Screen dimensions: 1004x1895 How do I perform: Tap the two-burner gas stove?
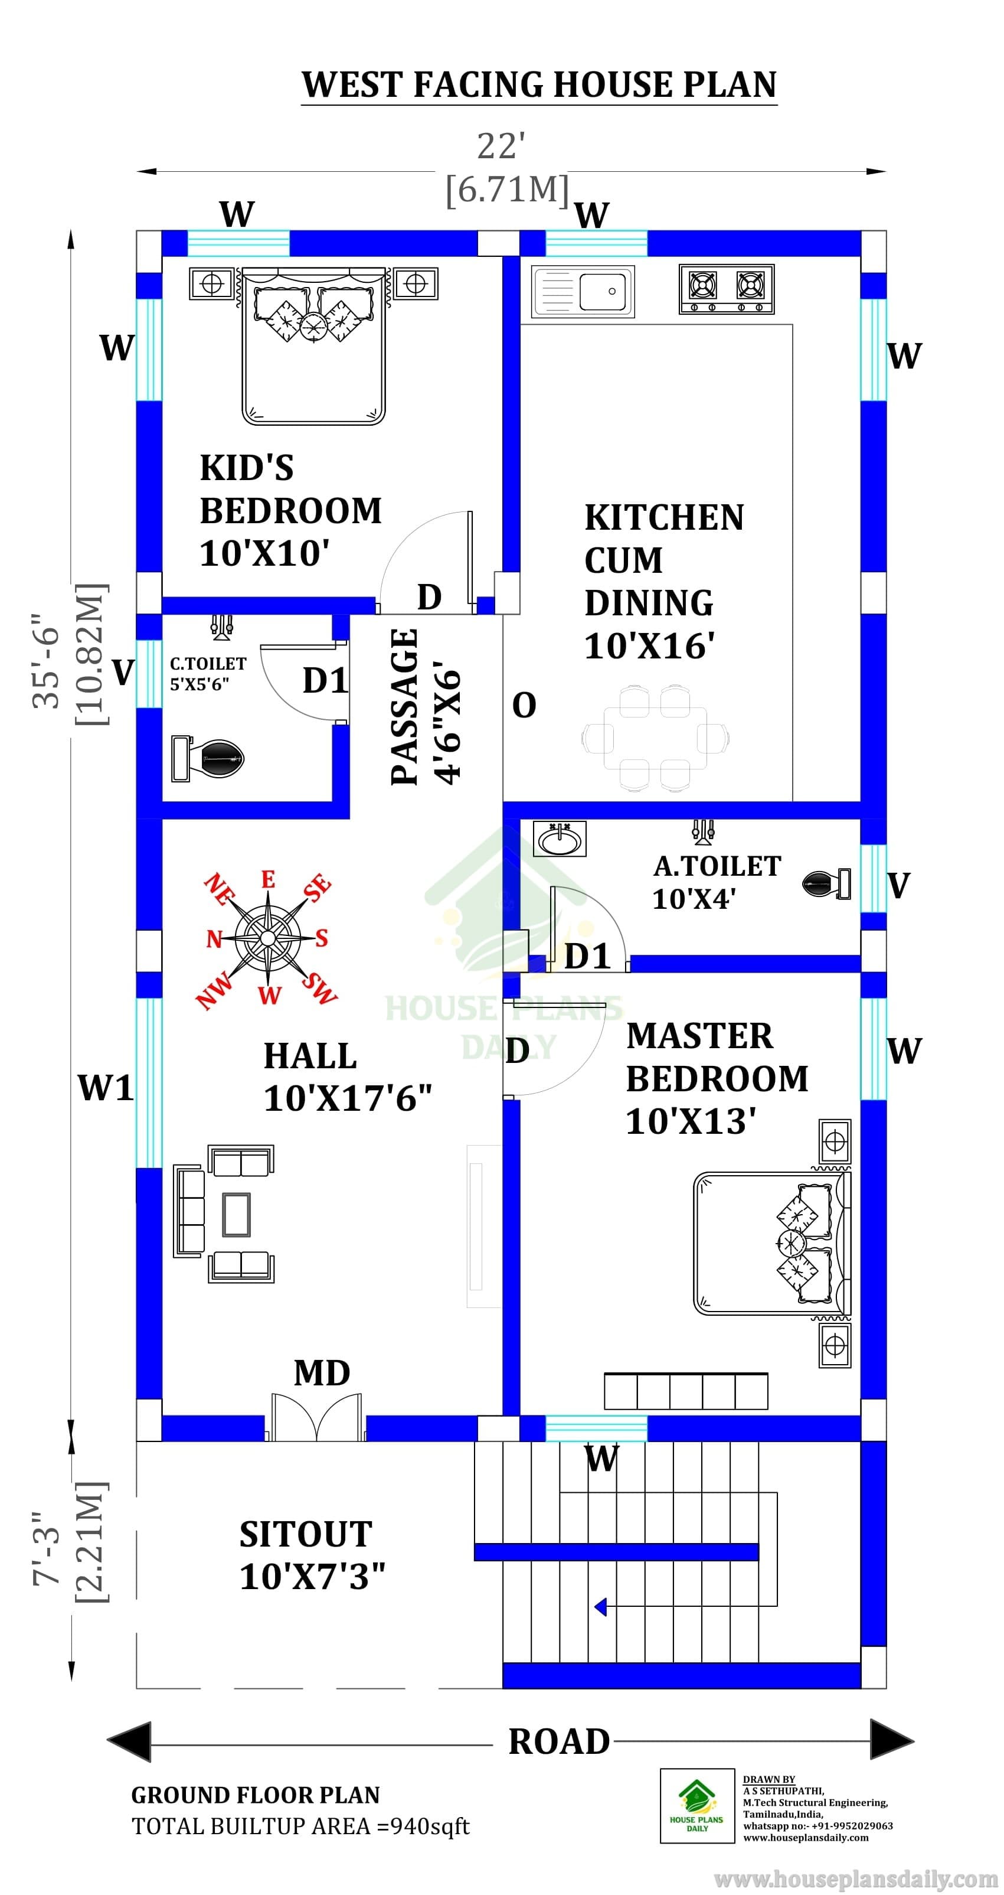727,289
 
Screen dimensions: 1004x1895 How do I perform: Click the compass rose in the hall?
268,938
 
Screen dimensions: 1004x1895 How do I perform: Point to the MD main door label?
322,1373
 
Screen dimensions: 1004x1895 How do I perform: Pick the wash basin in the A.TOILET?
560,839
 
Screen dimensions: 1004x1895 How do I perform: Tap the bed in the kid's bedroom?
314,345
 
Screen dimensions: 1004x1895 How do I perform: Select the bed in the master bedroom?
772,1243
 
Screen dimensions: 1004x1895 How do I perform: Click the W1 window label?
106,1087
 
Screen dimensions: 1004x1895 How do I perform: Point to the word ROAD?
559,1741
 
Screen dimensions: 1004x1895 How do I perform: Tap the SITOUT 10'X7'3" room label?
312,1555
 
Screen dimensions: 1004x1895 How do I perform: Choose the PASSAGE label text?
404,707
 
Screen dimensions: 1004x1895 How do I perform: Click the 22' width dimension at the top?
501,146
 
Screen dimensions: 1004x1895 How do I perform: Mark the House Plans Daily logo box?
697,1805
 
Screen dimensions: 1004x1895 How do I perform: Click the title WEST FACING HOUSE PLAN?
539,84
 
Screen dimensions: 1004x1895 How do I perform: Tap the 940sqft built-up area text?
429,1826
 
